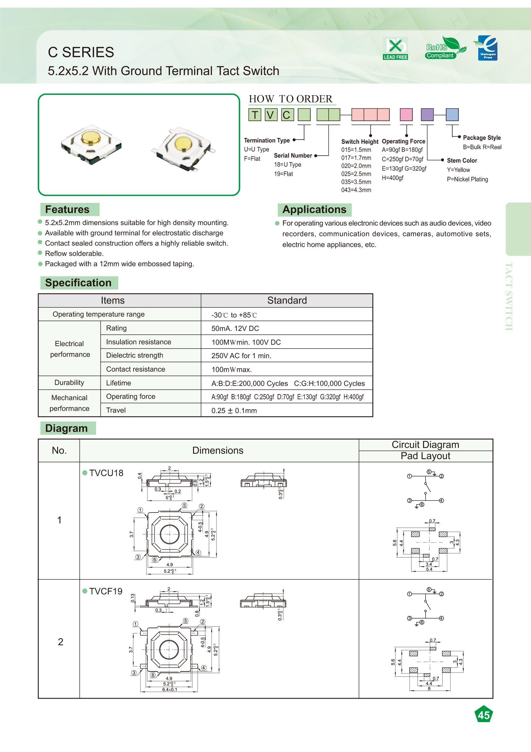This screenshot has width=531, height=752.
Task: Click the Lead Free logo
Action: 395,49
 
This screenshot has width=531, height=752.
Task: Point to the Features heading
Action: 67,209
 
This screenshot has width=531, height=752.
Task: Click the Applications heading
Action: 314,210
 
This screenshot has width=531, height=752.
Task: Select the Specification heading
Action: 78,283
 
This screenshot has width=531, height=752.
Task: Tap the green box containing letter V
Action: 270,115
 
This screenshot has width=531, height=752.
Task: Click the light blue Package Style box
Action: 452,115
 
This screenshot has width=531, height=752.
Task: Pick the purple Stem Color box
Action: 427,115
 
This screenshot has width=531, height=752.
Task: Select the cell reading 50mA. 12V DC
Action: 235,329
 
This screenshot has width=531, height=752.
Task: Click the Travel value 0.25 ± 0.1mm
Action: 234,411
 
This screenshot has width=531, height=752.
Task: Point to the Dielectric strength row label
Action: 135,355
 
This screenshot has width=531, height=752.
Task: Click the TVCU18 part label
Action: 106,473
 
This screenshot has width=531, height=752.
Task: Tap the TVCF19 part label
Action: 105,591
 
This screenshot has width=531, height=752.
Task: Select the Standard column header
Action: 287,300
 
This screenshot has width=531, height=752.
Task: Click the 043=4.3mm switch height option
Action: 356,190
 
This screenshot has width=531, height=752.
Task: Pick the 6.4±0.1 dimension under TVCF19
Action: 170,689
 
